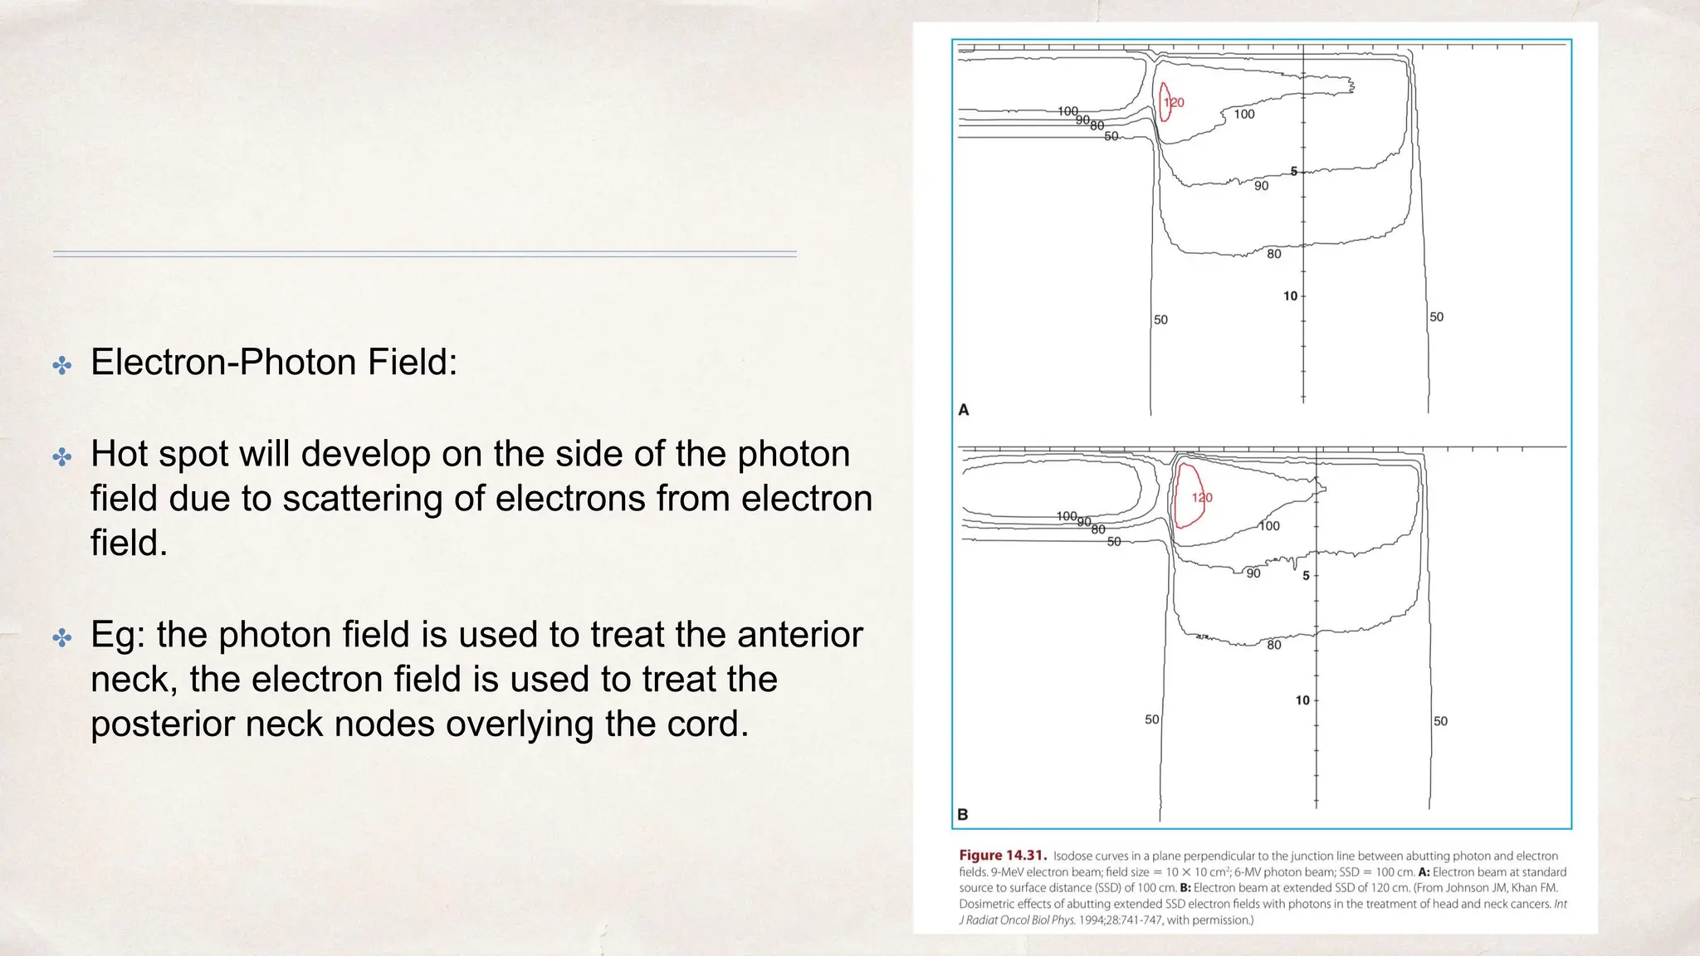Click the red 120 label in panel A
coord(1174,103)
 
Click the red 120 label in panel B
coord(1202,498)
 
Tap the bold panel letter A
coord(964,410)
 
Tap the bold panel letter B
coord(963,815)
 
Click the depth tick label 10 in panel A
coord(1290,296)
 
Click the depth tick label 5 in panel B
coord(1306,576)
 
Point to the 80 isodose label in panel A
coord(1274,255)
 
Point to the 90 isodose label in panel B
coord(1253,573)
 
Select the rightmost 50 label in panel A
coord(1437,317)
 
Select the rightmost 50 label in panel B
coord(1441,722)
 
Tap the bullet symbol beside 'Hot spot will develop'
coord(62,456)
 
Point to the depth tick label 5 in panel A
coord(1293,172)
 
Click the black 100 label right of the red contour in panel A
coord(1244,115)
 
